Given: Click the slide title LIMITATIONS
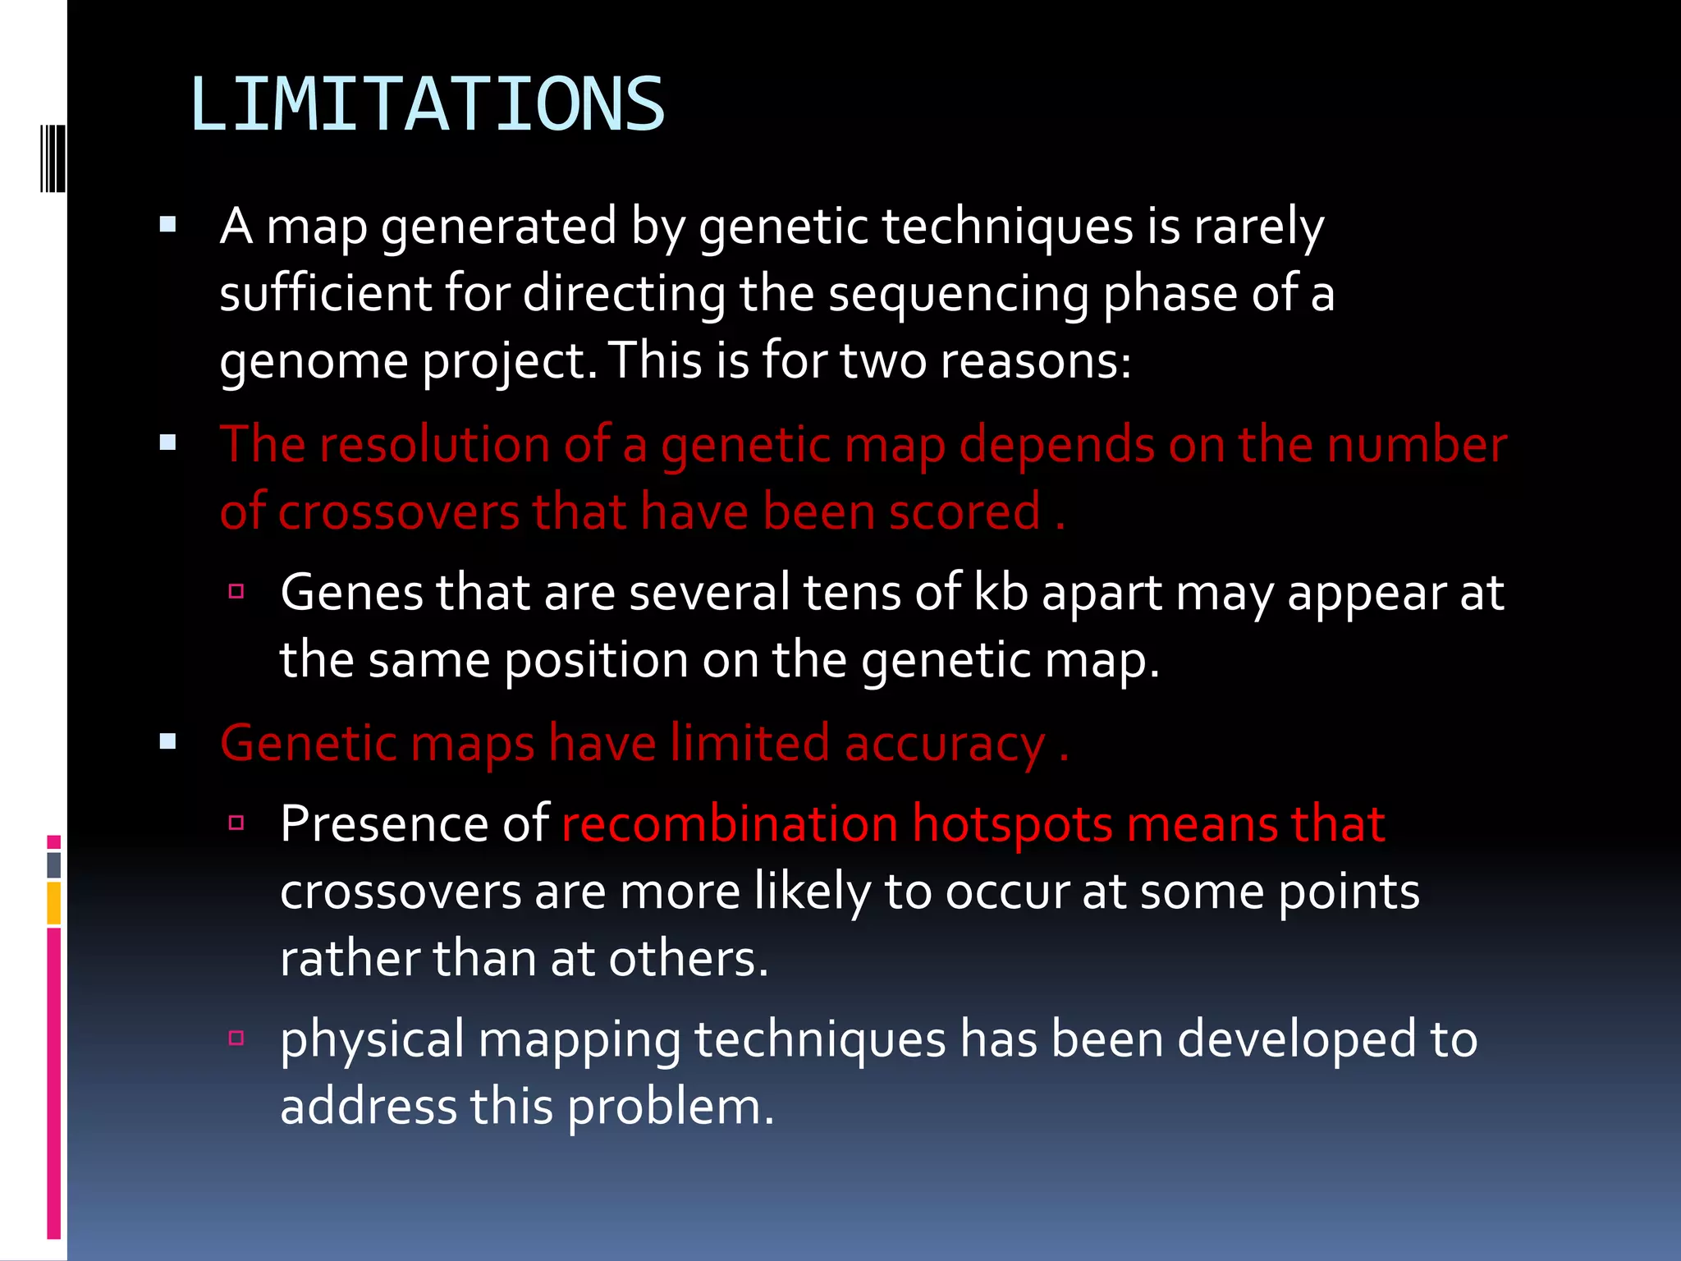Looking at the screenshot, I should click(x=427, y=104).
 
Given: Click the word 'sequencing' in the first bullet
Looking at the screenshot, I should click(x=957, y=293).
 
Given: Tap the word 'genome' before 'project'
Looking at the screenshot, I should click(x=314, y=361).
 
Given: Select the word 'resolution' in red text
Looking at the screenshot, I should click(x=434, y=445).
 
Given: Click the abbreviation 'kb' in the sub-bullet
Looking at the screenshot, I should click(x=1001, y=592).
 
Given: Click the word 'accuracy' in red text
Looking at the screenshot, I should click(x=945, y=744).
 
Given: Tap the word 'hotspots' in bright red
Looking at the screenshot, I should click(x=1012, y=823).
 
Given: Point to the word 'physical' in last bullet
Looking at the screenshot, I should click(x=372, y=1039).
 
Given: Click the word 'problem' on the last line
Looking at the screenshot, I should click(x=670, y=1107).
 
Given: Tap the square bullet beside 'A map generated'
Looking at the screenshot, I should click(x=168, y=225).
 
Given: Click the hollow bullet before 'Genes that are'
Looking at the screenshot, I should click(x=236, y=591).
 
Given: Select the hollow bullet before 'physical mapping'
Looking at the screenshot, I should click(x=236, y=1038).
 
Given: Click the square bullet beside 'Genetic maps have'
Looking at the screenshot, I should click(x=168, y=742).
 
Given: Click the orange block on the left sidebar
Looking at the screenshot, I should click(x=54, y=903).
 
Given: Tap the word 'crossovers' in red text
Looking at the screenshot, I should click(x=399, y=512).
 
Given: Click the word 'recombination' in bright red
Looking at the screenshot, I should click(x=730, y=823).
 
